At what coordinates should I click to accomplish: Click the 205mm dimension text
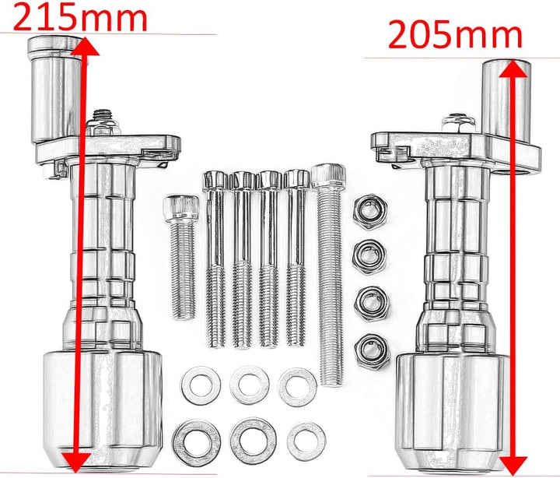455,34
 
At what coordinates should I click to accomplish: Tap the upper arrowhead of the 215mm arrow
85,46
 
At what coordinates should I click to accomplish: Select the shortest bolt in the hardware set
182,256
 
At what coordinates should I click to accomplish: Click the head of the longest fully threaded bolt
328,175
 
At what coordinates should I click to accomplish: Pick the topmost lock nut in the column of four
370,212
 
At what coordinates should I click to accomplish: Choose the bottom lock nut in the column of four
372,351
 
